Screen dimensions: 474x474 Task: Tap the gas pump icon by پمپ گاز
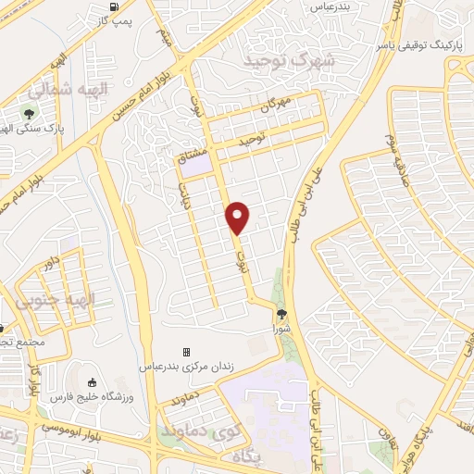click(114, 6)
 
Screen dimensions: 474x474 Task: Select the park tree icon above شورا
click(281, 314)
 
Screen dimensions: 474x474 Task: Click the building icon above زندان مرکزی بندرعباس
click(185, 353)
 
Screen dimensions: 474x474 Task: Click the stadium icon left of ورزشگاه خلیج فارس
click(91, 383)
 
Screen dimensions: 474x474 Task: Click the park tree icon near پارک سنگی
click(29, 116)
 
